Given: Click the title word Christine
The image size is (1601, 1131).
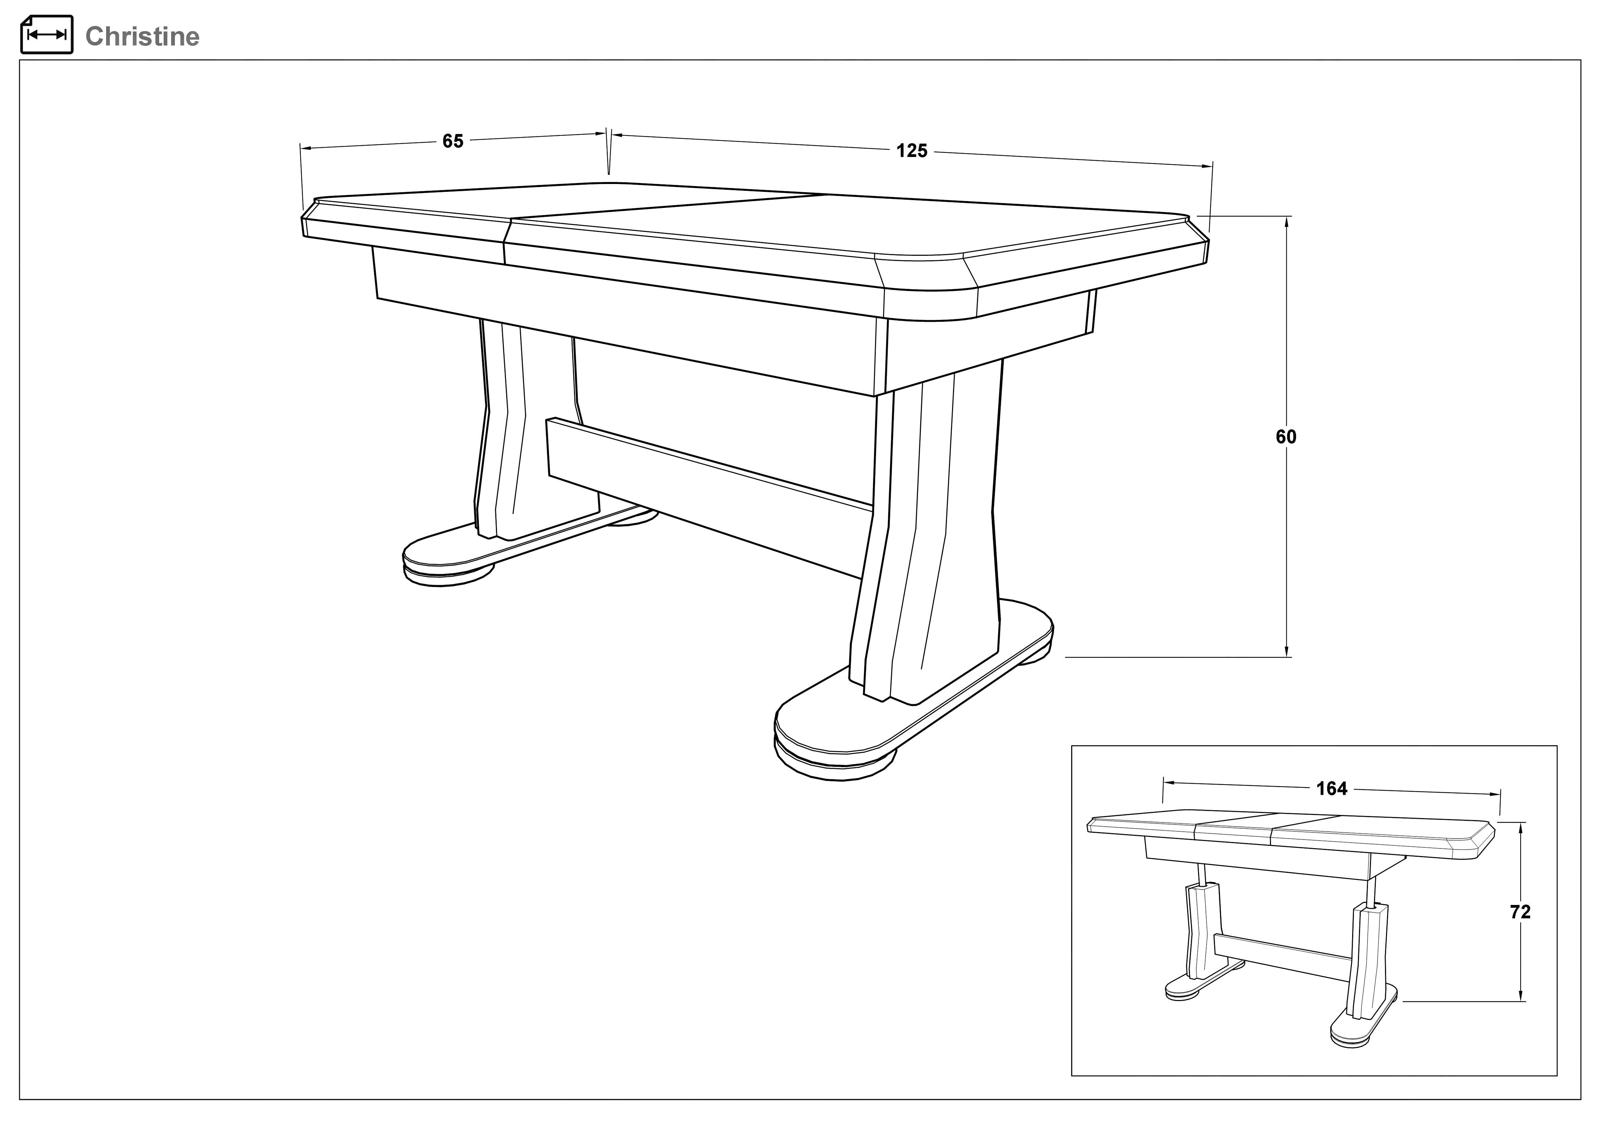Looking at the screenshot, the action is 142,36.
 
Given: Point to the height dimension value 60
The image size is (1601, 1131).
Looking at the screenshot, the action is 1286,437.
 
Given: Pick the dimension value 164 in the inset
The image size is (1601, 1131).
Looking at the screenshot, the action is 1332,789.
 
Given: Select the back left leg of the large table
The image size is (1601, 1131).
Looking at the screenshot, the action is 530,432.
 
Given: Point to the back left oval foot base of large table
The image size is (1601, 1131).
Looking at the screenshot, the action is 516,547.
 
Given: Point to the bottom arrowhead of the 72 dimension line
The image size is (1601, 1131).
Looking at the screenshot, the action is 1520,995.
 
